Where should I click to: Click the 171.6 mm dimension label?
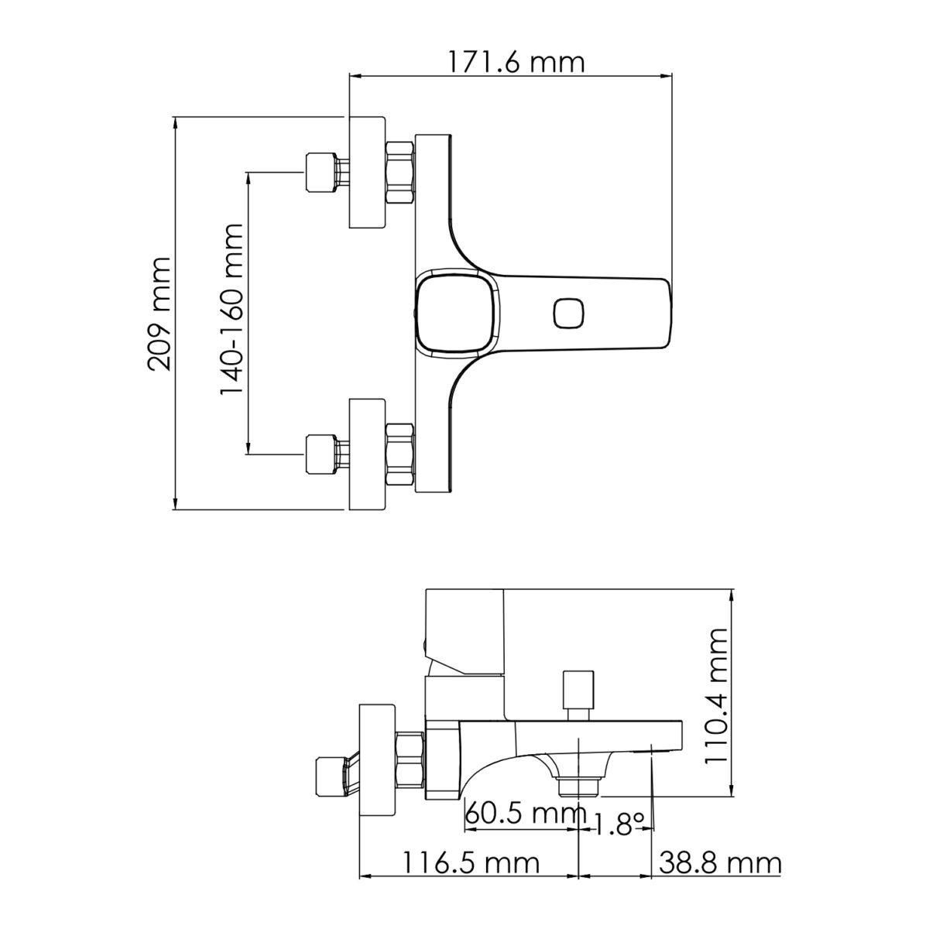pyautogui.click(x=516, y=61)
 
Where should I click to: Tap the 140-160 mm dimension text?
pyautogui.click(x=231, y=310)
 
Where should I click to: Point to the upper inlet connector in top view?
pyautogui.click(x=321, y=173)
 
